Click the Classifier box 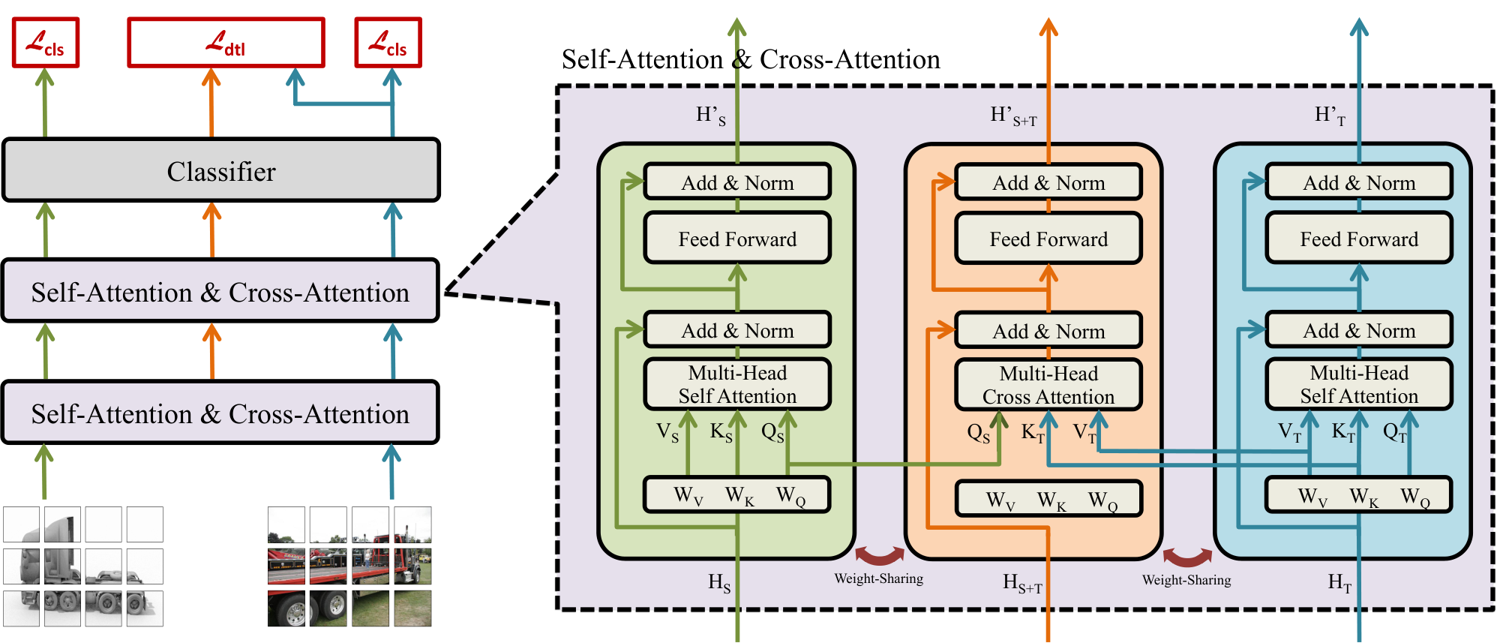click(221, 170)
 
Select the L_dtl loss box click(226, 43)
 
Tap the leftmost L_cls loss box click(46, 43)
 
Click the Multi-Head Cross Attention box click(1048, 385)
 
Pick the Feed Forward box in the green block click(737, 239)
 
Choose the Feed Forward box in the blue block click(1359, 239)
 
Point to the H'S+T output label click(1013, 116)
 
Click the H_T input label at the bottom click(1339, 583)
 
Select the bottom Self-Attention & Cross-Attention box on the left click(220, 413)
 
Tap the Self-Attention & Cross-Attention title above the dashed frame click(751, 59)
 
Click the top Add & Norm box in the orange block click(1048, 182)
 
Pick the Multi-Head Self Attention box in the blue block click(1359, 384)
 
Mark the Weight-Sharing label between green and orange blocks click(879, 578)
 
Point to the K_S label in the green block click(721, 433)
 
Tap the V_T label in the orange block click(1084, 433)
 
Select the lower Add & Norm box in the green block click(737, 330)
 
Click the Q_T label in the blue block click(1394, 433)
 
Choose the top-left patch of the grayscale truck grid click(21, 524)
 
